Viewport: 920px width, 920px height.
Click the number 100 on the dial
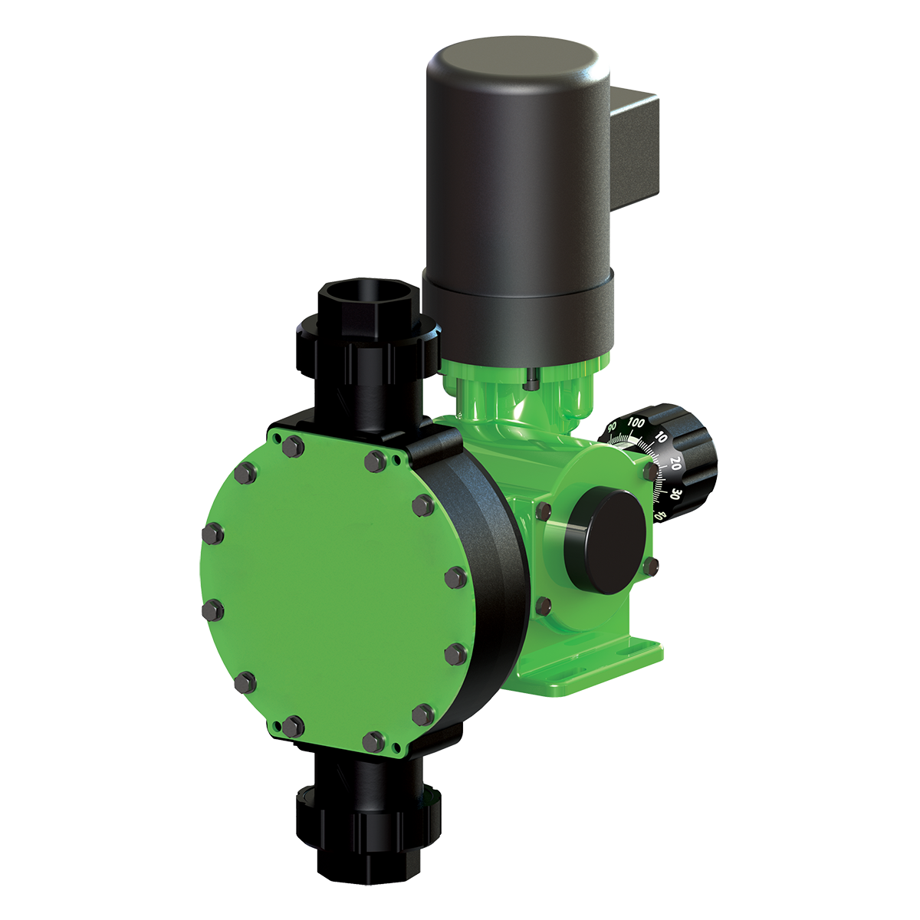[636, 422]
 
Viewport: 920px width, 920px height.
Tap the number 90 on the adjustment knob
[612, 426]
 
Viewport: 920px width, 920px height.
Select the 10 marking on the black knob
[661, 440]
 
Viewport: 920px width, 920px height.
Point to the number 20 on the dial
[675, 464]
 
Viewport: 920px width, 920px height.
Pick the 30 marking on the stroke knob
[675, 493]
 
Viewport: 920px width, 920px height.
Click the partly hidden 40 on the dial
[660, 516]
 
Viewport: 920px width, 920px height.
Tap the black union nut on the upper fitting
[368, 337]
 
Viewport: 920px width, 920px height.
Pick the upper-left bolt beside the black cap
[544, 511]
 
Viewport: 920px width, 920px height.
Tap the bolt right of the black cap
[651, 566]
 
